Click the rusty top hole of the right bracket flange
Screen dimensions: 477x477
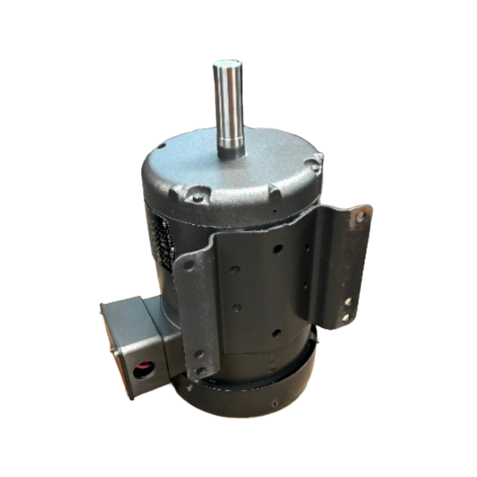360,217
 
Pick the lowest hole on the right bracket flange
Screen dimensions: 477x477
345,317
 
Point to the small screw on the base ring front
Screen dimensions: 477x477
275,404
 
